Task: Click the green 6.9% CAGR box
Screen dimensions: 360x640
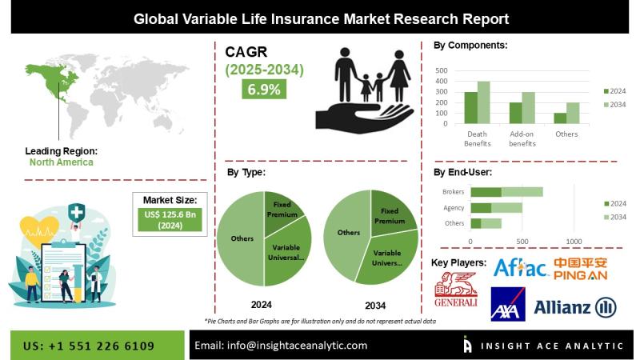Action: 264,90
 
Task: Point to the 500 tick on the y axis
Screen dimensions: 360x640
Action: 441,70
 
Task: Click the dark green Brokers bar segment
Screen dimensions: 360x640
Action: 486,192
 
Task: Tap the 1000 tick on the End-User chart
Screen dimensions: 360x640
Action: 574,241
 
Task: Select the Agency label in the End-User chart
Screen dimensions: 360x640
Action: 454,207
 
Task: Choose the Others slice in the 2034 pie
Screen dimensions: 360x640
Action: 346,232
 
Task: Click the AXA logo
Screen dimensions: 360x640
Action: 508,306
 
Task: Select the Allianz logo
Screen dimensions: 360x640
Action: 574,306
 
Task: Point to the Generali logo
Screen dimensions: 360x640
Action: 455,290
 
